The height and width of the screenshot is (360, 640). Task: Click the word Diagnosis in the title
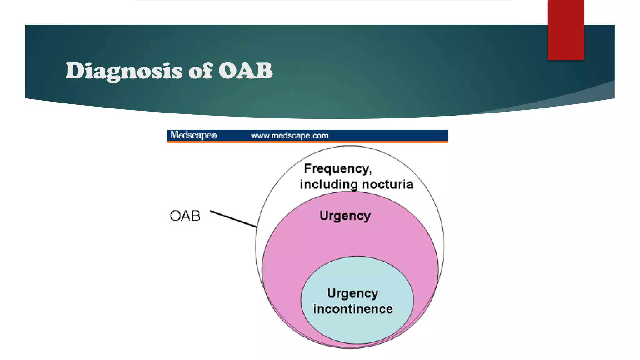124,71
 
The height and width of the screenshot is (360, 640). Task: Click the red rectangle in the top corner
566,30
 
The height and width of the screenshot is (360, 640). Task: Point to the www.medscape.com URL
290,136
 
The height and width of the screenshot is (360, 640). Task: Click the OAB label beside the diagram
185,216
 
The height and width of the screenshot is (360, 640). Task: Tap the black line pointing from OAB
233,219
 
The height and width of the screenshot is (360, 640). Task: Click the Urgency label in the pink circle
345,216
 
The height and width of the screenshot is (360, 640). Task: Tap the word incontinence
353,309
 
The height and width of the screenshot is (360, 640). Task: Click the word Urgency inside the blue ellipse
353,293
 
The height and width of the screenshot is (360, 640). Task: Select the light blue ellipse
357,328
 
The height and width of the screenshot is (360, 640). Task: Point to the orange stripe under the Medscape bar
307,142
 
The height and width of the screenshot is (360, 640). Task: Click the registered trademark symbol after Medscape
214,136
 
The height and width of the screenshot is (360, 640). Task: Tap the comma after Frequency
371,172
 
